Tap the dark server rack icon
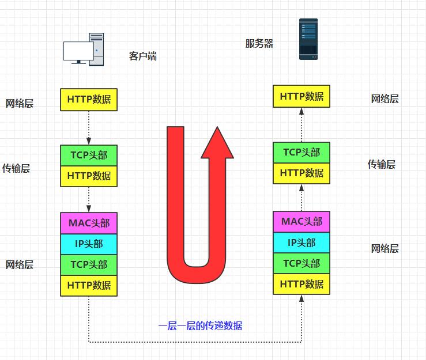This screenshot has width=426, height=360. (x=308, y=39)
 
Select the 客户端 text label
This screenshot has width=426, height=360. (x=142, y=56)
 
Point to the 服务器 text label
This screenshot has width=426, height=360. (x=259, y=44)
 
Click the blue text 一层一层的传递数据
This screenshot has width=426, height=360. (x=200, y=326)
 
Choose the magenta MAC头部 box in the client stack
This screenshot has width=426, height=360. (x=89, y=223)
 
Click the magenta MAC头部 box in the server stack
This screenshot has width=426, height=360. (x=301, y=221)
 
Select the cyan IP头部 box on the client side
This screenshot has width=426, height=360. (x=89, y=244)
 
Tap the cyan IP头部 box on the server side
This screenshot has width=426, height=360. (x=301, y=242)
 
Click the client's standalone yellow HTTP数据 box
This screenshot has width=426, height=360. (x=89, y=99)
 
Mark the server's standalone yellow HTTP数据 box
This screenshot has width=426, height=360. (x=301, y=96)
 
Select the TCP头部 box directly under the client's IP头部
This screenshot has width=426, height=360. (x=89, y=265)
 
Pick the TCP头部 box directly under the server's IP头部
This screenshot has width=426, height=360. (x=301, y=263)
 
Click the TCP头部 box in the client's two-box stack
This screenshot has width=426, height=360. (x=89, y=155)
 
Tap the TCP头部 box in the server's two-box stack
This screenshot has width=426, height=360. (x=301, y=153)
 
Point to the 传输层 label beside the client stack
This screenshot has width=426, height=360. (x=16, y=168)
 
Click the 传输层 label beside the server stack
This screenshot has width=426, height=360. (x=382, y=164)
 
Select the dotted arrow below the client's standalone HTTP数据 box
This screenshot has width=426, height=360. (x=89, y=127)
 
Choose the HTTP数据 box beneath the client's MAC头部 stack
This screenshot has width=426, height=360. (x=89, y=285)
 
